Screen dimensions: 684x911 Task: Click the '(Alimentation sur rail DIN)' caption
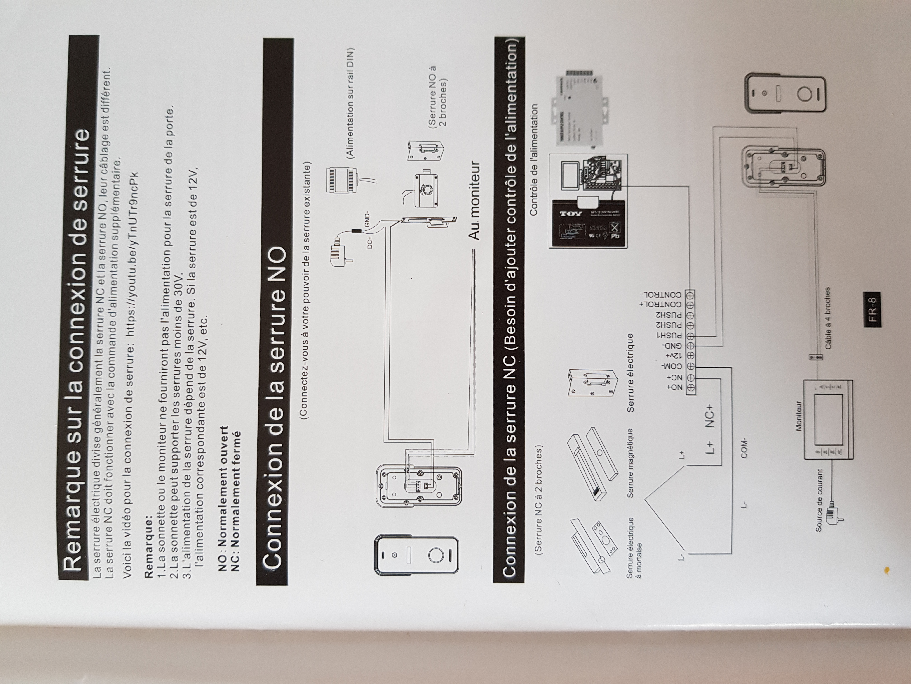350,103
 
